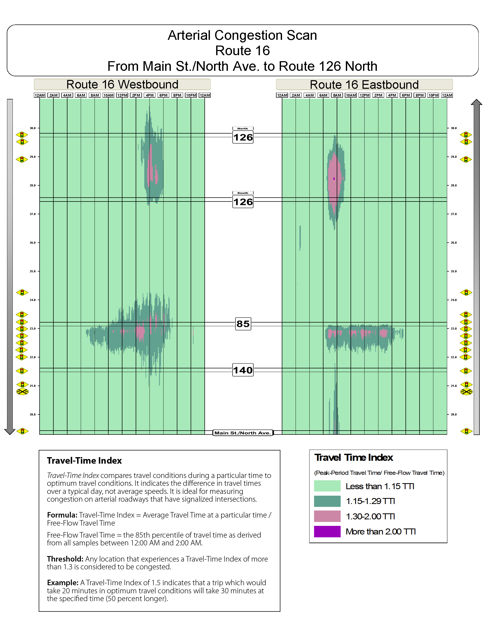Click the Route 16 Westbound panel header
(122, 85)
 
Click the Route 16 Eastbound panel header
(364, 85)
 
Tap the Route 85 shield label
(243, 324)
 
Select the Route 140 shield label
(243, 370)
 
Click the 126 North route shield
(243, 137)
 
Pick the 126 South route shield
(243, 202)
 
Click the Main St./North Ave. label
(243, 433)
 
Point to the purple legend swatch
(327, 532)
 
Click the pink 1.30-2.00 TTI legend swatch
(327, 516)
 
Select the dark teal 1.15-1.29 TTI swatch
(327, 501)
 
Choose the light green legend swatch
(327, 486)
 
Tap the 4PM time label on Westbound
(149, 95)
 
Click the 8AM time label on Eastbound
(337, 95)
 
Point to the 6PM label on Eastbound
(406, 95)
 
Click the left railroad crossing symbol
(22, 392)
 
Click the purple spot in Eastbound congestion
(334, 179)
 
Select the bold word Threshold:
(65, 559)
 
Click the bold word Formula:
(62, 515)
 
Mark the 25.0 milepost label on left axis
(33, 272)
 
